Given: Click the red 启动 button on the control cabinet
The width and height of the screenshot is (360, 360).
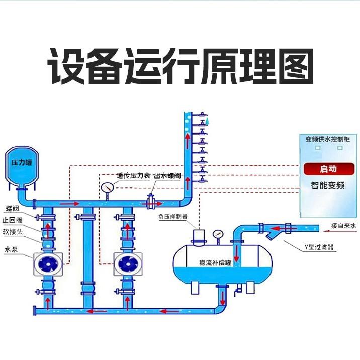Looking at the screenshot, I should pos(327,168).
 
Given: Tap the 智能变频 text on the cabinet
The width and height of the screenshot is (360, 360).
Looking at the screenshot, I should pos(327,185).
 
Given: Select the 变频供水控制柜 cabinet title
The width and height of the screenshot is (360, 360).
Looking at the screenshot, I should pos(327,139).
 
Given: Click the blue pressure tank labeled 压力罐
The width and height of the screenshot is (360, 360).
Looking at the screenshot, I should pos(22,164).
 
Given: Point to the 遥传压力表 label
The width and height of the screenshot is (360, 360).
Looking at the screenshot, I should pos(133,176).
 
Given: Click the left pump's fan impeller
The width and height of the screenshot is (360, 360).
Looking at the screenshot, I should pos(48,264).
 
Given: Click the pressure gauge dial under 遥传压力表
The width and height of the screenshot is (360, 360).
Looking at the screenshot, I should pos(107,187).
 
